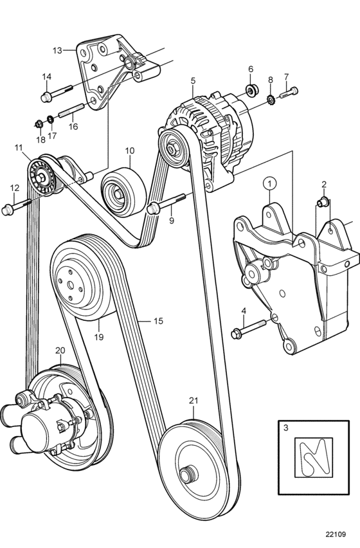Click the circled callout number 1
(x=270, y=183)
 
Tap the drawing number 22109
(x=336, y=534)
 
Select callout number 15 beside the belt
(x=158, y=321)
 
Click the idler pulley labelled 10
(x=123, y=192)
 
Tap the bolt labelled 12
(x=16, y=206)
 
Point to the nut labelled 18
(x=39, y=123)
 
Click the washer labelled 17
(x=51, y=119)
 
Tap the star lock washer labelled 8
(x=270, y=100)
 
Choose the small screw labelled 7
(x=289, y=92)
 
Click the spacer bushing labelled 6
(x=252, y=91)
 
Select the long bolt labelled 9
(x=165, y=203)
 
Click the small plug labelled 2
(x=323, y=202)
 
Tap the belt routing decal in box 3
(x=314, y=457)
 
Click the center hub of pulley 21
(x=189, y=475)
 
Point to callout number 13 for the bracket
(x=57, y=50)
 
